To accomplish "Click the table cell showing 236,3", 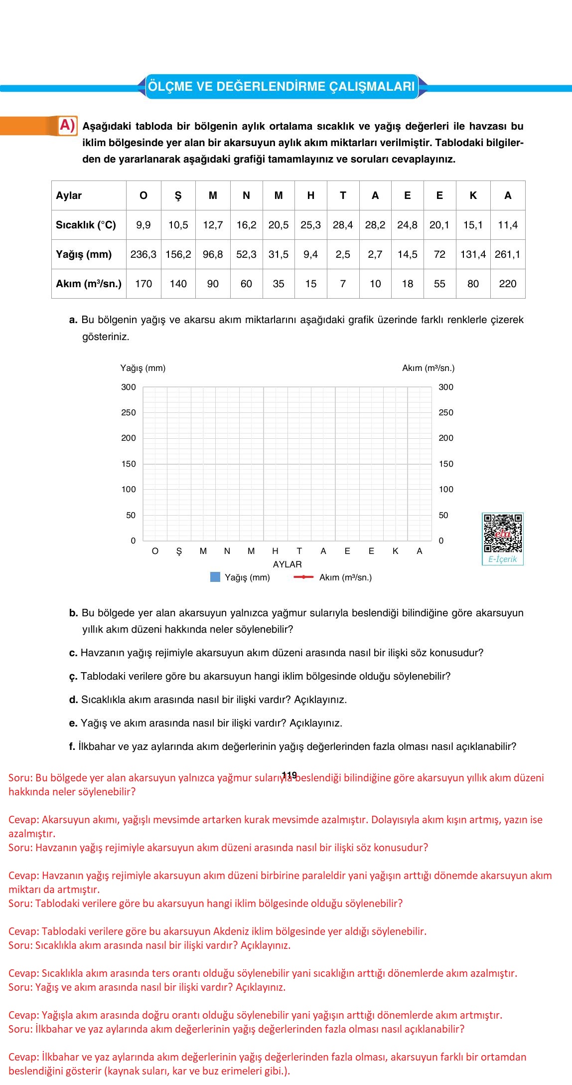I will pyautogui.click(x=143, y=254).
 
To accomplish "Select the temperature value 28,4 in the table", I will pyautogui.click(x=343, y=225).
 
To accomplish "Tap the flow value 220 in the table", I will pyautogui.click(x=508, y=284).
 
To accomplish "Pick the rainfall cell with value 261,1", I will pyautogui.click(x=508, y=254).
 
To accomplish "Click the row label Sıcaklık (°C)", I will pyautogui.click(x=86, y=225).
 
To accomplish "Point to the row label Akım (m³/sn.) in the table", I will pyautogui.click(x=89, y=284).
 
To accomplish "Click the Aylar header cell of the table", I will pyautogui.click(x=69, y=195).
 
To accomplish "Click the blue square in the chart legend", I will pyautogui.click(x=215, y=577).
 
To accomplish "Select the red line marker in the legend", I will pyautogui.click(x=303, y=577).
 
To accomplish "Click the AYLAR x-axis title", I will pyautogui.click(x=287, y=564).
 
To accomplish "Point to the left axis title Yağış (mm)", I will pyautogui.click(x=143, y=368).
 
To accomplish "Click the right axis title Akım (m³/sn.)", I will pyautogui.click(x=429, y=368).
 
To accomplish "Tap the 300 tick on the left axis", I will pyautogui.click(x=129, y=387).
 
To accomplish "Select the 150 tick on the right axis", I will pyautogui.click(x=446, y=464).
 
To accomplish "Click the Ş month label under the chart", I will pyautogui.click(x=179, y=551).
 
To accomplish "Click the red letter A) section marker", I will pyautogui.click(x=67, y=126).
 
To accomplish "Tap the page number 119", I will pyautogui.click(x=289, y=775).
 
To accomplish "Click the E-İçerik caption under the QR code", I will pyautogui.click(x=503, y=559).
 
